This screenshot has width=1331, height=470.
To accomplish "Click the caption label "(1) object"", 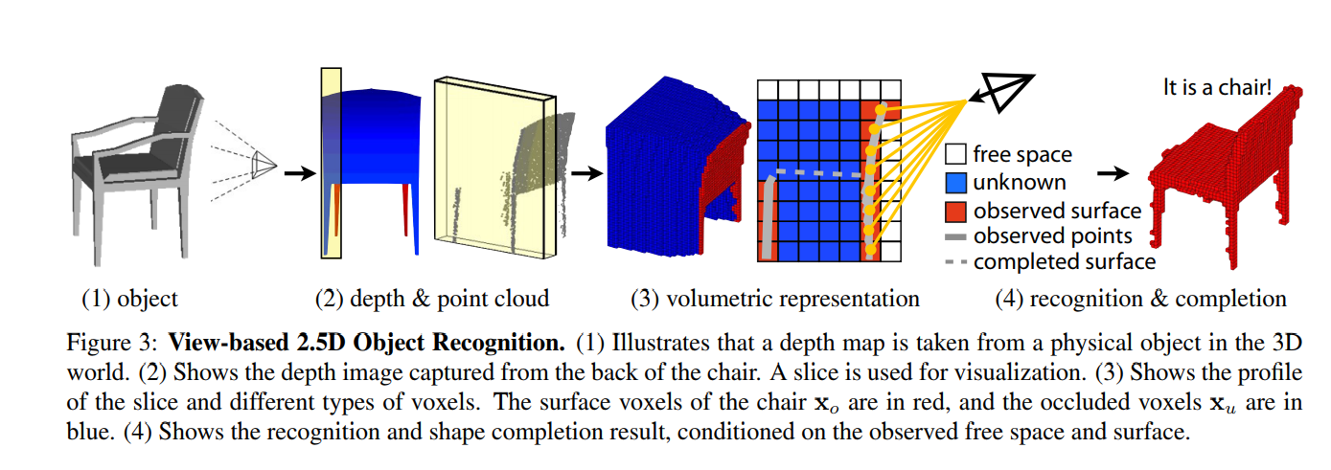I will pos(129,299).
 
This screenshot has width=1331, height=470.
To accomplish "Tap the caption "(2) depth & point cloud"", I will pos(432,299).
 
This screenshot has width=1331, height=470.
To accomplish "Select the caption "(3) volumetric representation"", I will pos(774,299).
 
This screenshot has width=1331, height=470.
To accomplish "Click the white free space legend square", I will pos(954,154).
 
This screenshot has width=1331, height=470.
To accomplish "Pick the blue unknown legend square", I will pos(954,182).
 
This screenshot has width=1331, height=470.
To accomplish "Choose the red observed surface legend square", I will pos(954,210).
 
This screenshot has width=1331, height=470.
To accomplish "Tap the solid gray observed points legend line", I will pos(954,235).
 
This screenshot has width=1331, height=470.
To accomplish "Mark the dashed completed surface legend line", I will pos(954,261).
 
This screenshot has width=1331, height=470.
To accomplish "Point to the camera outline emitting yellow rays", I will pos(1000,92).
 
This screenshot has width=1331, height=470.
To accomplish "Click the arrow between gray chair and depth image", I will pos(299,173).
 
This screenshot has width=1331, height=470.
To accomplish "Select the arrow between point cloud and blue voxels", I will pos(585,173).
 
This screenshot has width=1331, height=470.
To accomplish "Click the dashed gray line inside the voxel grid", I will pos(815,174).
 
